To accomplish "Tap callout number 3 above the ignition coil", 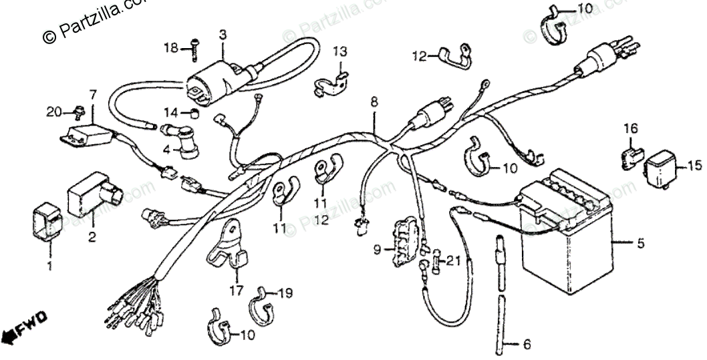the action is (223, 35).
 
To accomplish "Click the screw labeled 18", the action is (192, 48).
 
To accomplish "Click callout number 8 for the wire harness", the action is (374, 103).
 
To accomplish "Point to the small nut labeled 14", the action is (192, 112).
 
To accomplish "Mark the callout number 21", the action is (454, 260).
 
